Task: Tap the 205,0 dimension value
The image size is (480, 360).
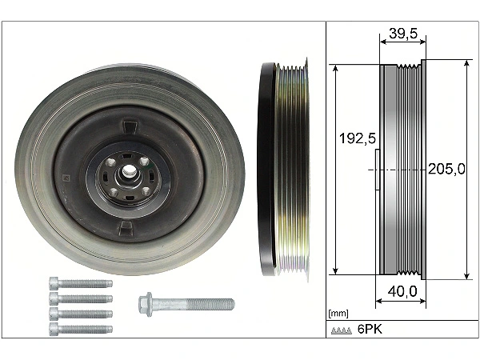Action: point(448,170)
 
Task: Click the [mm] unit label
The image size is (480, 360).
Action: point(338,314)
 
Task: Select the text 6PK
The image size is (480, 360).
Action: point(370,330)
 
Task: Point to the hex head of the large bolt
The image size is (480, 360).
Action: point(145,304)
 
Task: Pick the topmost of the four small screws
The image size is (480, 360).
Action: point(80,282)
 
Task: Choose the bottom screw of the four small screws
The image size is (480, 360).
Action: point(80,328)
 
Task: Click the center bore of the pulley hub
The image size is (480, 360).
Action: point(128,170)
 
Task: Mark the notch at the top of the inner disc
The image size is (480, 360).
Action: point(128,126)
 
